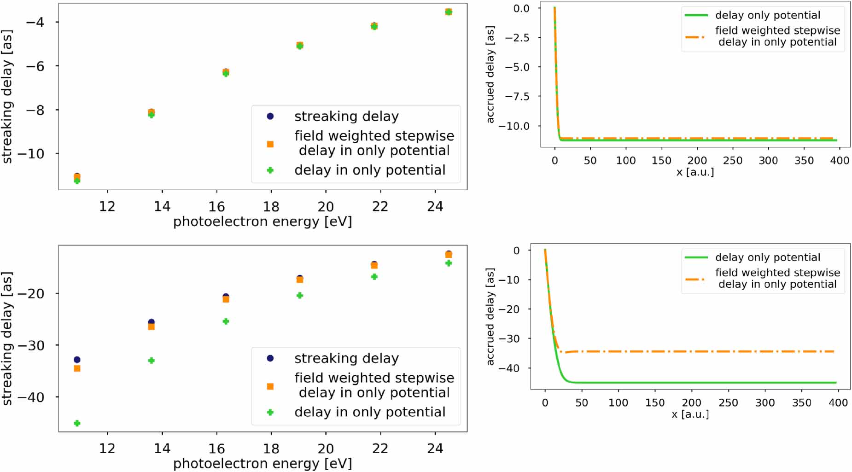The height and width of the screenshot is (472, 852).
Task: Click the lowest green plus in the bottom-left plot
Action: (77, 423)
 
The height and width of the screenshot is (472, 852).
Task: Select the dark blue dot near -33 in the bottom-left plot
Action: (77, 360)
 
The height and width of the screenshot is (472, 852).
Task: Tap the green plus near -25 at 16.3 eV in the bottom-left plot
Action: (226, 321)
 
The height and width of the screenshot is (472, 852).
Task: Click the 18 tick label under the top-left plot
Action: (271, 206)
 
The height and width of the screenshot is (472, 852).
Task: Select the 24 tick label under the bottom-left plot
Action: (435, 449)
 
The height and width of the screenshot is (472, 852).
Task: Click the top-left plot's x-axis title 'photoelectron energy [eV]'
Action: (262, 221)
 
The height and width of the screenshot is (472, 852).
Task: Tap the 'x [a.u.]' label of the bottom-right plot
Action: (689, 414)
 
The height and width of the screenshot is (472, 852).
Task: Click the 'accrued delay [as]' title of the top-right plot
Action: (490, 75)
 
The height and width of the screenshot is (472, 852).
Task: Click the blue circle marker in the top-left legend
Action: (270, 117)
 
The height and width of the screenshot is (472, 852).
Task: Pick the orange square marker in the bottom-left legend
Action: (270, 386)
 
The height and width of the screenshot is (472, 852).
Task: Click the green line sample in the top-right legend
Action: (696, 15)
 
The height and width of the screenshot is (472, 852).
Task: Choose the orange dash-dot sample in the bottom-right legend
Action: (696, 279)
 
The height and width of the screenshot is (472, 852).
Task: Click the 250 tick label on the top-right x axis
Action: (732, 160)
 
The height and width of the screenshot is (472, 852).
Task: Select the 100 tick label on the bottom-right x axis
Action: (618, 403)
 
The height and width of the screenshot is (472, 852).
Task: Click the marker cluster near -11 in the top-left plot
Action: (77, 178)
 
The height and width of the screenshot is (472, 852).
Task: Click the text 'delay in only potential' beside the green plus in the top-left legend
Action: (370, 170)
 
